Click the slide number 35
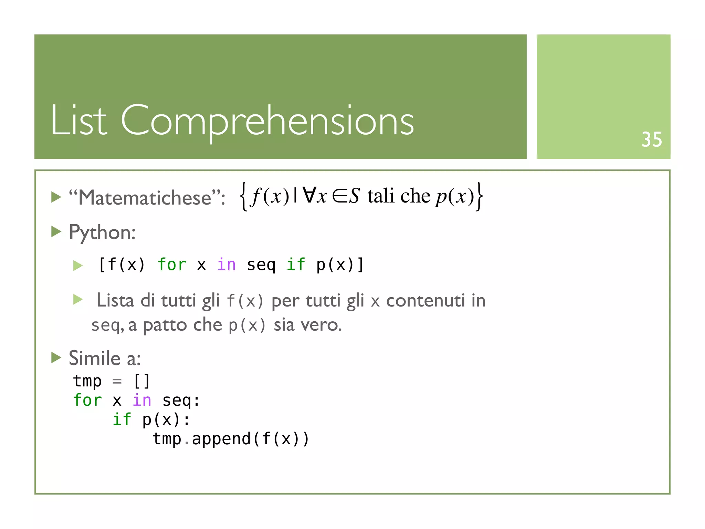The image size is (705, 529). (651, 140)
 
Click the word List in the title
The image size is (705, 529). (79, 120)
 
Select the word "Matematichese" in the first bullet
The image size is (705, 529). (144, 198)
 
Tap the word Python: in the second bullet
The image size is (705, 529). (102, 232)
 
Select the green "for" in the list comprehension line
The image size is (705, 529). (172, 264)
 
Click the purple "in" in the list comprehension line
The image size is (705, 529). (226, 264)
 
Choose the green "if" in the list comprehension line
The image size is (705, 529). (296, 264)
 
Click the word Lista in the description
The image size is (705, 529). (115, 300)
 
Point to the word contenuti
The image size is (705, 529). (425, 300)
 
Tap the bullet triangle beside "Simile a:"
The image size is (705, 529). (56, 357)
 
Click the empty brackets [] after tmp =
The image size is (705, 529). (141, 381)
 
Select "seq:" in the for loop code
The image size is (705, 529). (181, 400)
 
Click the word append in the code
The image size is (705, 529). (221, 439)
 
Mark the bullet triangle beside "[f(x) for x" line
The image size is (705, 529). (78, 266)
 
